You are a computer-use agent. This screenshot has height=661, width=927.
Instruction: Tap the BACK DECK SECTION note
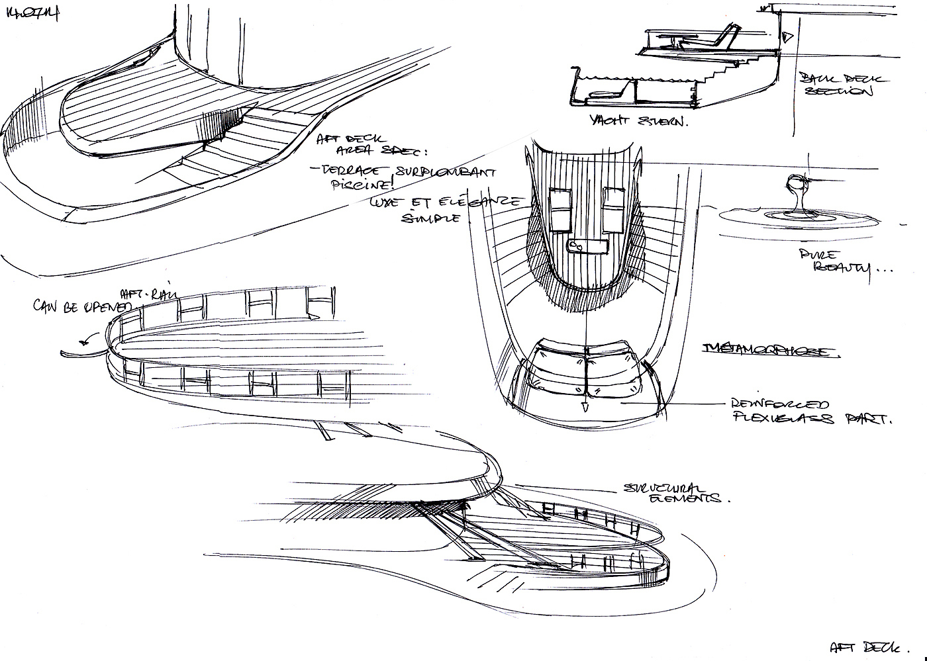coord(838,85)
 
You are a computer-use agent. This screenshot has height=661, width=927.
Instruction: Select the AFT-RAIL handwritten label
coord(142,294)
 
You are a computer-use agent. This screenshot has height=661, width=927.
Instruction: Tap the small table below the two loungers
coord(588,245)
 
